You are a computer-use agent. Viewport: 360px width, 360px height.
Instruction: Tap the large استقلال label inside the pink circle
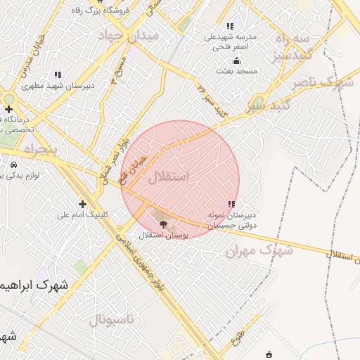point(169,176)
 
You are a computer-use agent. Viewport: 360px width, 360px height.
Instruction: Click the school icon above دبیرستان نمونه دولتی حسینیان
point(231,205)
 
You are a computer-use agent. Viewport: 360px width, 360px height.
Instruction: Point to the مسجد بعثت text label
point(236,71)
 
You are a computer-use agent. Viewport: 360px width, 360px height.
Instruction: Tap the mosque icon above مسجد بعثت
point(236,60)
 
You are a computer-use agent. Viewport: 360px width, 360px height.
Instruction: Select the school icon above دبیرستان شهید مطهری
point(58,75)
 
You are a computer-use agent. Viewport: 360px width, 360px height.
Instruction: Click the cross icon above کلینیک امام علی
point(82,204)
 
